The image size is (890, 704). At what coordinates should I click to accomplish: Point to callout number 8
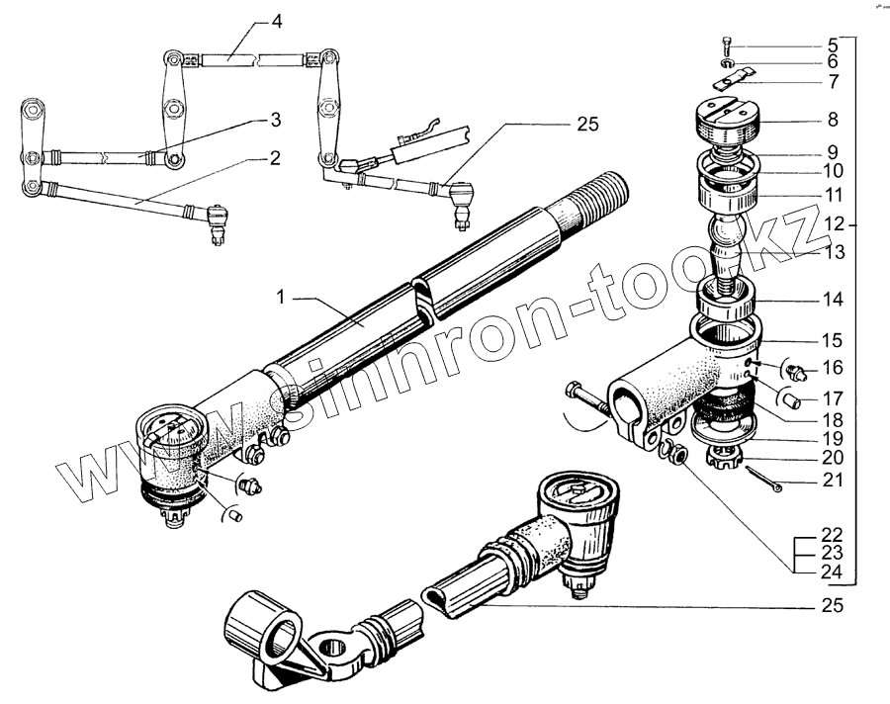point(833,120)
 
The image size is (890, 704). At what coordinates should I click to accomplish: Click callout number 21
point(833,482)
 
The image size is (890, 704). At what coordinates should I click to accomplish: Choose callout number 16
point(833,368)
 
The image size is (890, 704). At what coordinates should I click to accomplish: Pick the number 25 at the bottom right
point(833,607)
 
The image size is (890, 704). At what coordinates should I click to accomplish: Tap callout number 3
point(276,121)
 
